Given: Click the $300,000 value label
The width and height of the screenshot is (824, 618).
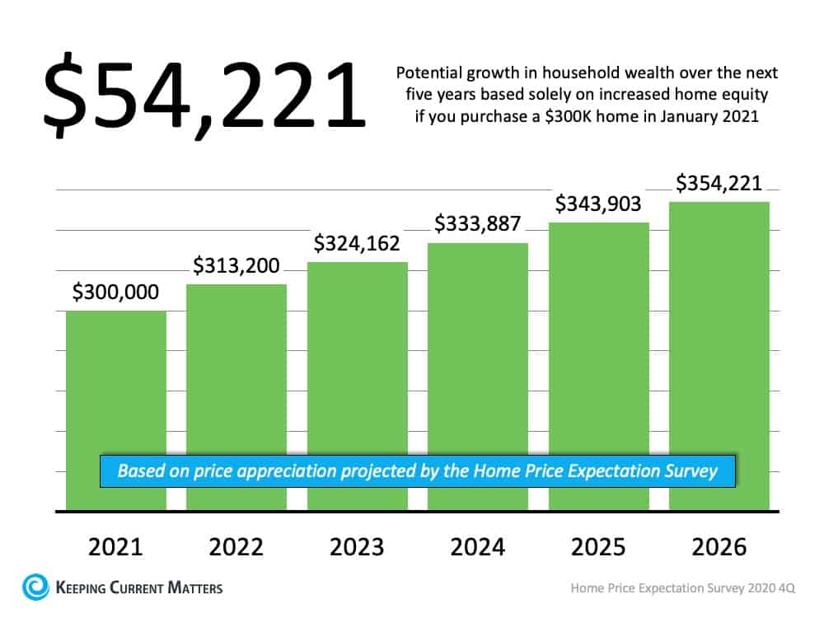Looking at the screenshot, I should click(x=116, y=293).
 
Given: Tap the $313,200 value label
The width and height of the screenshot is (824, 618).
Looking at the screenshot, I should click(x=236, y=265).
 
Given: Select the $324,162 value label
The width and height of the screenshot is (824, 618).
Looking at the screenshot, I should click(x=357, y=244).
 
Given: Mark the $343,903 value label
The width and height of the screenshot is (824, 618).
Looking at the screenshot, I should click(x=598, y=204).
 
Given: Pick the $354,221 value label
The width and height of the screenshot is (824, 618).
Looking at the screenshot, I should click(x=719, y=183).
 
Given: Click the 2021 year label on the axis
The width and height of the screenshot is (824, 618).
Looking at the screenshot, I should click(x=116, y=547).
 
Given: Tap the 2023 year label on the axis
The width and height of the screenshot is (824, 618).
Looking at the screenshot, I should click(x=357, y=547).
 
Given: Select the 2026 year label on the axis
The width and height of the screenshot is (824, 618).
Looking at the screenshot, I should click(x=719, y=547).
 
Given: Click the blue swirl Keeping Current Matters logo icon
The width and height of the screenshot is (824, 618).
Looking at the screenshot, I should click(x=35, y=588).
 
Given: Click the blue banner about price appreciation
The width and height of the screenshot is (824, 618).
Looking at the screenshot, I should click(x=418, y=471).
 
